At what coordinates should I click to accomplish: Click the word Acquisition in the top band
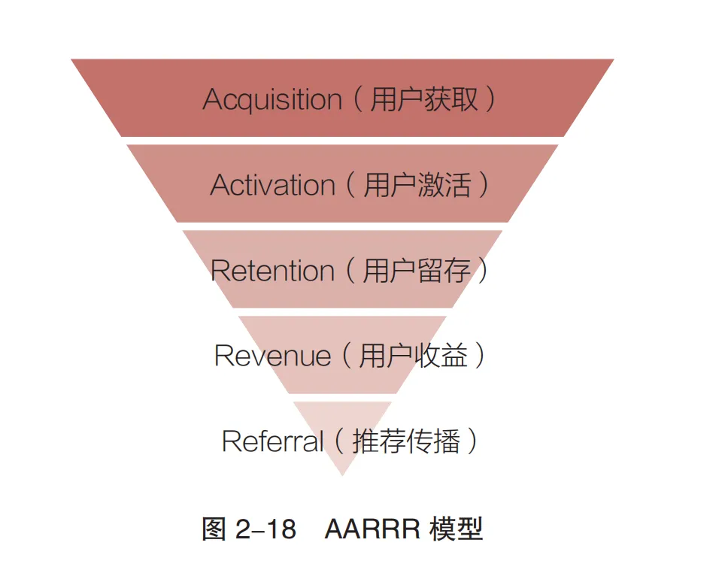[272, 100]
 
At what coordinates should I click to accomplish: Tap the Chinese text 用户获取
[424, 99]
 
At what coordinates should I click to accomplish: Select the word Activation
[272, 185]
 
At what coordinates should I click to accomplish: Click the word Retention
[272, 271]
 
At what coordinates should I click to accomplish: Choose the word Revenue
[272, 356]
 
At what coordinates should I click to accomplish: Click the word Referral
[272, 441]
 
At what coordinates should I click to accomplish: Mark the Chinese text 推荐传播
[405, 441]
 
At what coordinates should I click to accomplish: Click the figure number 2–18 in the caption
[265, 529]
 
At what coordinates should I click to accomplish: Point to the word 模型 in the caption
[456, 529]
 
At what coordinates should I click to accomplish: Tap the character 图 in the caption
[214, 529]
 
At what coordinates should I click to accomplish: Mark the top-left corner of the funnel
[72, 60]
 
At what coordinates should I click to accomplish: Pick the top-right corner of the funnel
[613, 60]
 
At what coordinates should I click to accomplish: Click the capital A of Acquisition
[212, 100]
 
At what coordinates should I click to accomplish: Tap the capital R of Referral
[231, 441]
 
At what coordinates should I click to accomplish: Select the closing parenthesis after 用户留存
[484, 271]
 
